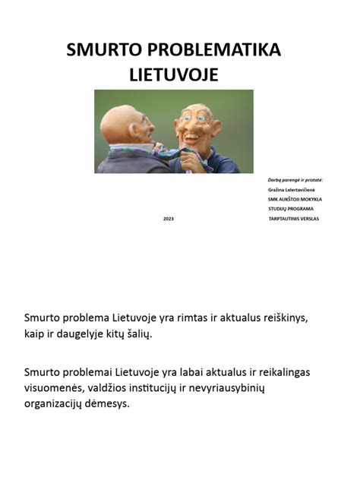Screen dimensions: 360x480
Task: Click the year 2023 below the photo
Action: pyautogui.click(x=169, y=219)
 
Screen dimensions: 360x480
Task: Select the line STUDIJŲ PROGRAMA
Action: pyautogui.click(x=291, y=208)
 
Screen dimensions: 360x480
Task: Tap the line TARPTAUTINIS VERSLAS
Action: pyautogui.click(x=294, y=218)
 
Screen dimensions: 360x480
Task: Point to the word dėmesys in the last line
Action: pyautogui.click(x=109, y=403)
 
